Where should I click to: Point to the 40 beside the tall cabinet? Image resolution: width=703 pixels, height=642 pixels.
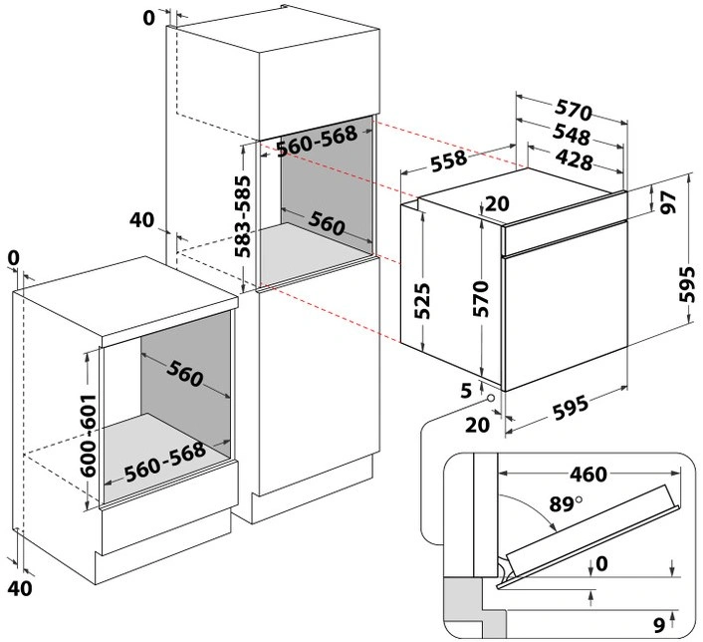tap(142, 219)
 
